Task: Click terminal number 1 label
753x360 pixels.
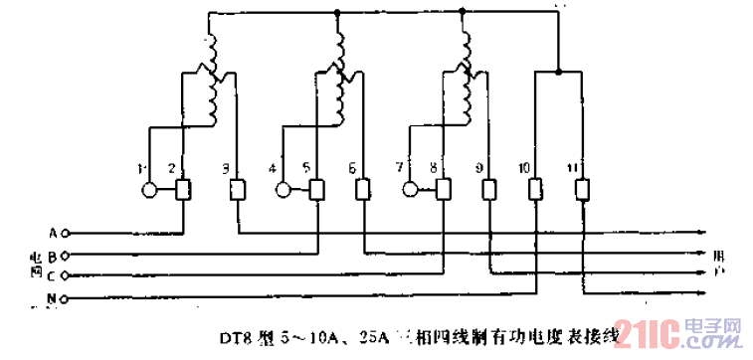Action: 142,167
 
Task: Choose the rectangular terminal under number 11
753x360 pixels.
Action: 583,188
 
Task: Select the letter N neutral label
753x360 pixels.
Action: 52,297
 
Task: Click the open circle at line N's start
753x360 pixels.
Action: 65,297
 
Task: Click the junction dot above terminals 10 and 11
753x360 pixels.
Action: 558,72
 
